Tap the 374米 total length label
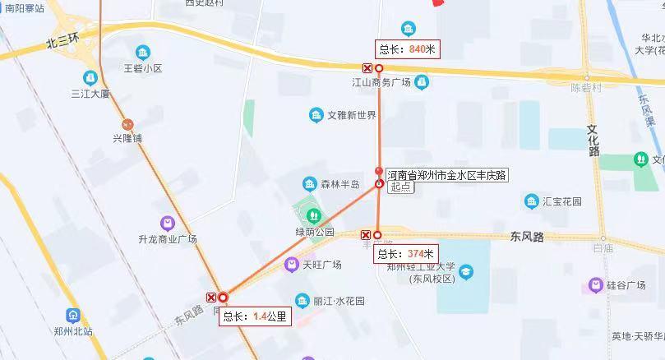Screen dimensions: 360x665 tap(406, 254)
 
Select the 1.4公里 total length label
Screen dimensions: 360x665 tap(255, 316)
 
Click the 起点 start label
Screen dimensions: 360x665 tap(400, 187)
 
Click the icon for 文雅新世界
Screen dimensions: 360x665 tap(316, 115)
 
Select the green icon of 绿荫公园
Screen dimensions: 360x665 tap(313, 215)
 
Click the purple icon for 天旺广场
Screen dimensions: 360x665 tap(292, 265)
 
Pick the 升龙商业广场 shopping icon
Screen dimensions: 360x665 tap(168, 224)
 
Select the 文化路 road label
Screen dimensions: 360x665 tap(594, 140)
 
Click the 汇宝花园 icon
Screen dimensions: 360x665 tap(532, 201)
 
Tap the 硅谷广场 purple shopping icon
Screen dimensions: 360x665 tap(596, 285)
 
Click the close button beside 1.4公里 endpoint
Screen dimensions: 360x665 tap(212, 298)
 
